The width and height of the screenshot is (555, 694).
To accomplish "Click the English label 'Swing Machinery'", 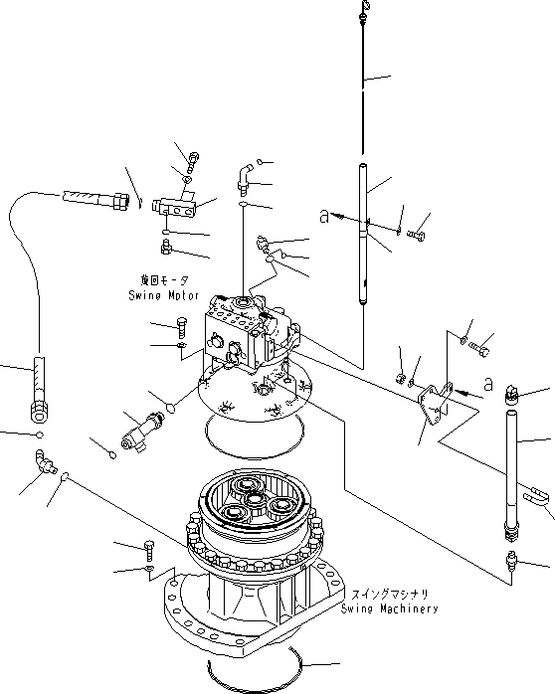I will [x=389, y=607].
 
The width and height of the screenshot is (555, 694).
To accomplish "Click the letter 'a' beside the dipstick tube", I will [x=323, y=214].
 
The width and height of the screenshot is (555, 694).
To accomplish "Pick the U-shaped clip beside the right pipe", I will [x=534, y=492].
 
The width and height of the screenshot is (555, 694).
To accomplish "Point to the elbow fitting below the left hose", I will [x=44, y=459].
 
